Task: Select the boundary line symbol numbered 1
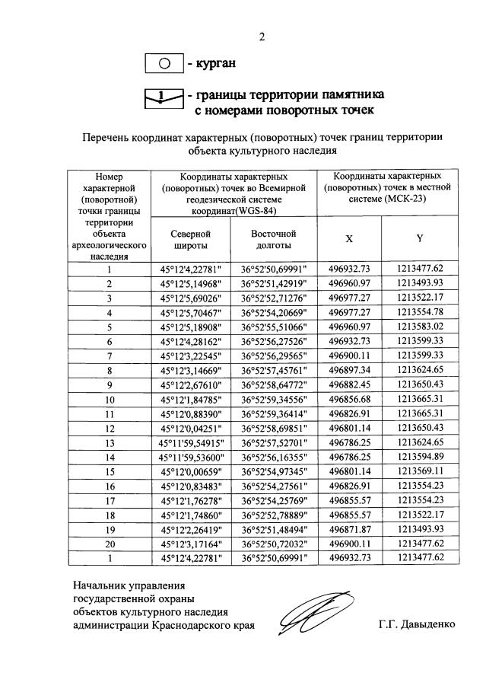(164, 97)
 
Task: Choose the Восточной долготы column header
(273, 240)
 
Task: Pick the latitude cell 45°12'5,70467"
(190, 312)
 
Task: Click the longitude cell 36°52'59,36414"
(273, 413)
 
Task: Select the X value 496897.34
(349, 370)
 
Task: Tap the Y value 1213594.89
(420, 457)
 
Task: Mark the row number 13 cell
(110, 442)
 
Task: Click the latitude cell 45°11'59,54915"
(190, 442)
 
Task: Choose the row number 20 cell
(110, 544)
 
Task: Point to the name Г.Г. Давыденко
(416, 624)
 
